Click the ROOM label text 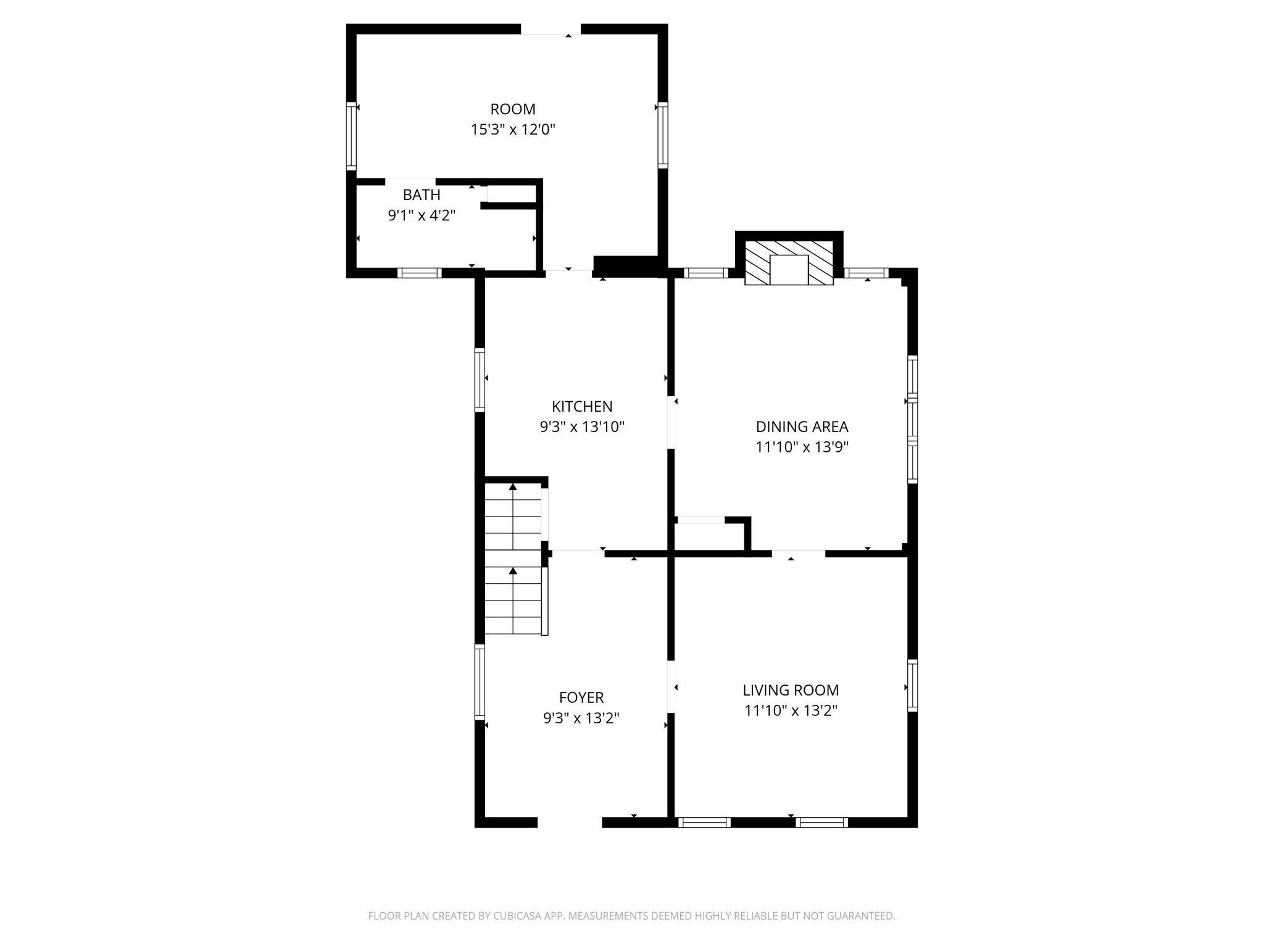pyautogui.click(x=512, y=109)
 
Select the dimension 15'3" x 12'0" pyautogui.click(x=512, y=130)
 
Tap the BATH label pyautogui.click(x=422, y=195)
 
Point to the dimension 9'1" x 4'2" pyautogui.click(x=422, y=215)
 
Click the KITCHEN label pyautogui.click(x=582, y=407)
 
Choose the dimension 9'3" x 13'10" pyautogui.click(x=582, y=427)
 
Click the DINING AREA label pyautogui.click(x=802, y=426)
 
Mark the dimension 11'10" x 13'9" pyautogui.click(x=802, y=447)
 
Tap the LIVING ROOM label pyautogui.click(x=791, y=690)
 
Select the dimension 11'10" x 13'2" pyautogui.click(x=791, y=711)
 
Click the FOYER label pyautogui.click(x=581, y=697)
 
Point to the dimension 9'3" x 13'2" pyautogui.click(x=581, y=718)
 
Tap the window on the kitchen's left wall pyautogui.click(x=480, y=380)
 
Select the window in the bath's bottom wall pyautogui.click(x=419, y=273)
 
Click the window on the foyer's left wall pyautogui.click(x=480, y=681)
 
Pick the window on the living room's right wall pyautogui.click(x=912, y=685)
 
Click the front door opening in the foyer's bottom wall pyautogui.click(x=570, y=821)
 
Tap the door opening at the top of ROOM pyautogui.click(x=551, y=29)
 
